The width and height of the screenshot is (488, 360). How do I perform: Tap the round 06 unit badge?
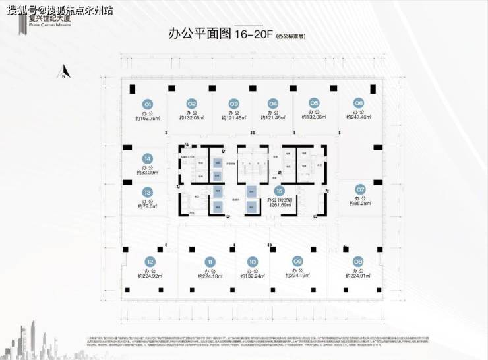pyautogui.click(x=359, y=103)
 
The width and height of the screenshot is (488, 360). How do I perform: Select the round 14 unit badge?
pyautogui.click(x=148, y=158)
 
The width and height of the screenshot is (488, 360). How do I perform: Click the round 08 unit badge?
pyautogui.click(x=359, y=261)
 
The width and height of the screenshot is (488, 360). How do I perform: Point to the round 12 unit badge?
pyautogui.click(x=150, y=261)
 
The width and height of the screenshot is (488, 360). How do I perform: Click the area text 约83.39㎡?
pyautogui.click(x=148, y=173)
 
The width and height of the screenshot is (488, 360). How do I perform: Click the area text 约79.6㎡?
pyautogui.click(x=148, y=206)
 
